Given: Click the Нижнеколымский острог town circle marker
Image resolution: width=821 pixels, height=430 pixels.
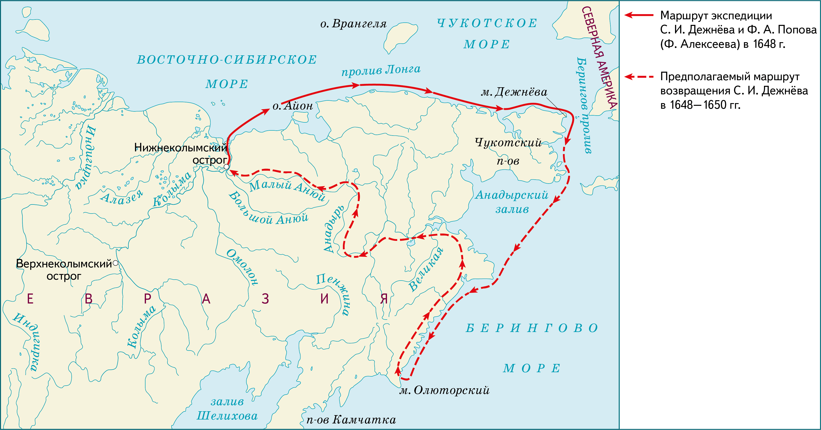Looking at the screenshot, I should point(226,167).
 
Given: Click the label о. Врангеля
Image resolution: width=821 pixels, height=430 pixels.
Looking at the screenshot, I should point(353,24).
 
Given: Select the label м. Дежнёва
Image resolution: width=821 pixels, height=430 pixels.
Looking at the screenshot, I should point(514,92).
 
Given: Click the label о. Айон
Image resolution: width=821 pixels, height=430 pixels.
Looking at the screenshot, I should point(293,106).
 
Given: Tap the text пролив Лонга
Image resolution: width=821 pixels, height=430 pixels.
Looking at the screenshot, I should point(381,70).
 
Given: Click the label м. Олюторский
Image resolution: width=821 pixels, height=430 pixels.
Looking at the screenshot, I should point(444,390).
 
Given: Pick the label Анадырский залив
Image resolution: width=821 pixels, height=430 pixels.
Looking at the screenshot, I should point(512,202).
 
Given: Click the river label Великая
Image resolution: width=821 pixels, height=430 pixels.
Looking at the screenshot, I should point(426,269).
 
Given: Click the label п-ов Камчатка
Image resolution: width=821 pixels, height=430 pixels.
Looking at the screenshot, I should point(351,420).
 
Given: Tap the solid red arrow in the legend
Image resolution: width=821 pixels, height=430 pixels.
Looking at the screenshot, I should point(639,15).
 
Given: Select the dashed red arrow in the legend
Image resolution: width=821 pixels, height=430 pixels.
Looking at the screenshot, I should point(639,77).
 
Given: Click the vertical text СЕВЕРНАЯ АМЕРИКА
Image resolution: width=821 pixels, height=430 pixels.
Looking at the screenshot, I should point(599,57).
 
